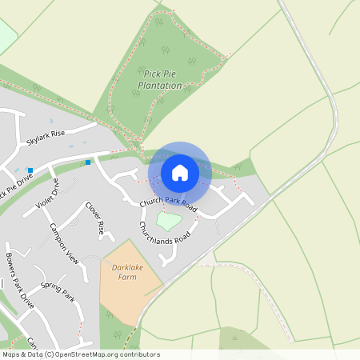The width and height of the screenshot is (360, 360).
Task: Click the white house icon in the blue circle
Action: (x=179, y=172)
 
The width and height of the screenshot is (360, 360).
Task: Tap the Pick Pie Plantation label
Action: (x=160, y=78)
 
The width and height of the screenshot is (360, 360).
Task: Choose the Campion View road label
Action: (x=65, y=243)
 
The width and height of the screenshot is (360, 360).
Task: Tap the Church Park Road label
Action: (x=168, y=204)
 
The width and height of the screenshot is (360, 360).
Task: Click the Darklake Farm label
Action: (x=129, y=271)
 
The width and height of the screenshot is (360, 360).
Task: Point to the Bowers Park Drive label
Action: (x=20, y=280)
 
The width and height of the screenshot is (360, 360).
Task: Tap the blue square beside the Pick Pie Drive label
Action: (x=30, y=170)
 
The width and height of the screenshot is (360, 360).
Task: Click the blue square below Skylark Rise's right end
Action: (x=88, y=162)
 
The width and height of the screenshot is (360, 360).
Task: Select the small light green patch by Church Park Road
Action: (x=169, y=218)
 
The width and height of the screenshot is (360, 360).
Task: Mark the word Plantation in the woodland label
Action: (x=160, y=84)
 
